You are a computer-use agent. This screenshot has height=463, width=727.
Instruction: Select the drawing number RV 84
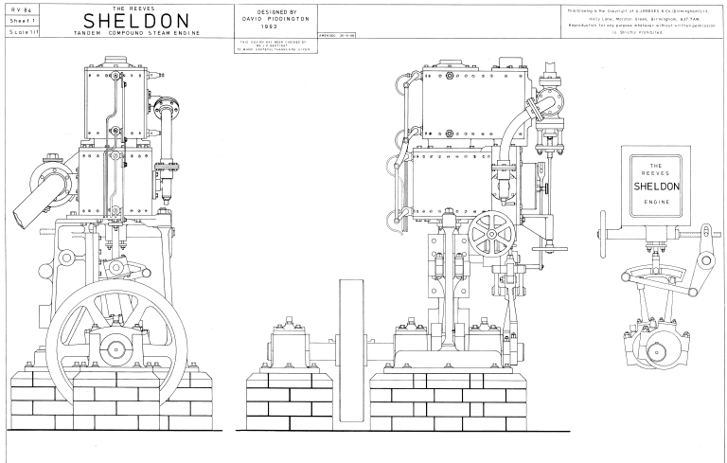(x=18, y=9)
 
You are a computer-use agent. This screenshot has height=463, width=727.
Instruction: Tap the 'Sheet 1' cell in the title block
(x=18, y=20)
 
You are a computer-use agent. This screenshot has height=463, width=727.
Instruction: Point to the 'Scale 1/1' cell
(x=18, y=31)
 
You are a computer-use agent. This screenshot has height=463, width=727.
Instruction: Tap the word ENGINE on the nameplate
(x=654, y=203)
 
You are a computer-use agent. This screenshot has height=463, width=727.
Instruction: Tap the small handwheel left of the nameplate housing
(x=604, y=228)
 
